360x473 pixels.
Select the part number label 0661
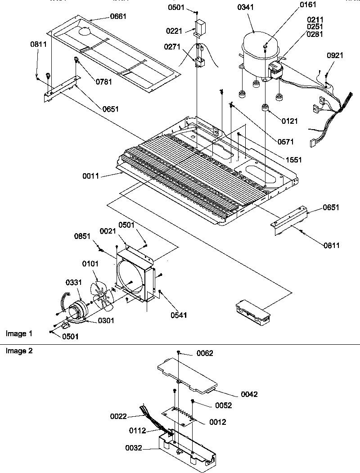118,17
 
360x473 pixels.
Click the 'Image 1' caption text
19,333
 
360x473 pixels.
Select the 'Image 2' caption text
19,351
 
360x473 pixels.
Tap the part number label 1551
292,160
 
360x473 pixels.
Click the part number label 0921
335,55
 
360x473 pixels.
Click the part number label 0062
205,353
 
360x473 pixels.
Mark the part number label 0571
285,142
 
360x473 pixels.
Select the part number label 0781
103,81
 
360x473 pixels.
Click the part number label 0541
178,315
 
